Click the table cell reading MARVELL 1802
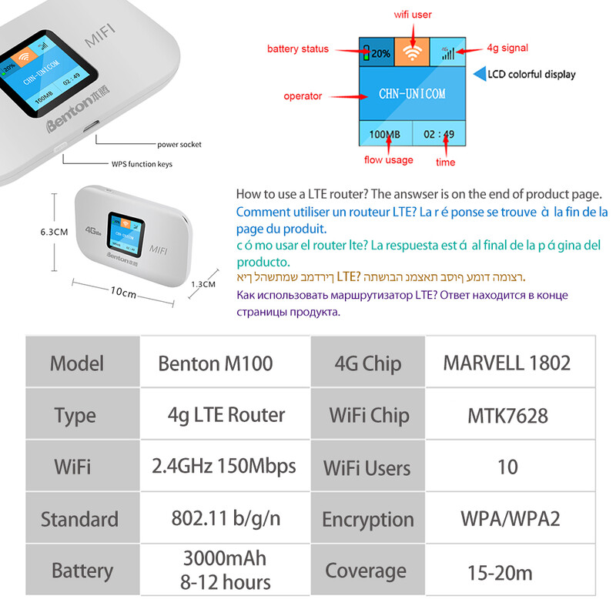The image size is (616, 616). click(x=507, y=363)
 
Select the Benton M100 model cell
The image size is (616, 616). click(x=216, y=363)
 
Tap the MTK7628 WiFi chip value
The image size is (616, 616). click(x=507, y=416)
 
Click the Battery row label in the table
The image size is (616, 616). click(x=82, y=571)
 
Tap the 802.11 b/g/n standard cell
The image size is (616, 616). click(x=226, y=518)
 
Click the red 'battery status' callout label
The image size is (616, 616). click(x=297, y=49)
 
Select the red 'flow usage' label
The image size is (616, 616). click(x=388, y=160)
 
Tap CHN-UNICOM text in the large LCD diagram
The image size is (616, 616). click(x=412, y=93)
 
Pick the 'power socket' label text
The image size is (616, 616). click(x=179, y=144)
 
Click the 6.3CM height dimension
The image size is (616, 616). click(x=55, y=231)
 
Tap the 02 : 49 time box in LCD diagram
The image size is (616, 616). click(x=440, y=134)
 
